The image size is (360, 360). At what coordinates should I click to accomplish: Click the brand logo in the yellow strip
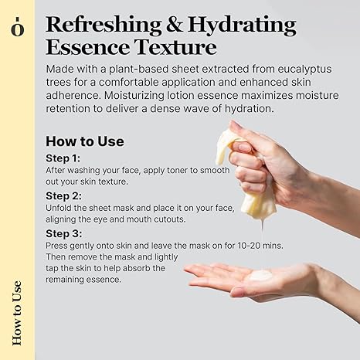click(x=18, y=26)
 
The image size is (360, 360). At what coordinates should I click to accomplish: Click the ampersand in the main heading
click(x=175, y=25)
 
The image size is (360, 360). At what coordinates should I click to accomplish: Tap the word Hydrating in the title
click(x=242, y=25)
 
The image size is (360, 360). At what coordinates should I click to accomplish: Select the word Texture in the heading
click(x=175, y=47)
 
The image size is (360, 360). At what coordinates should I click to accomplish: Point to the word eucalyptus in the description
click(x=304, y=70)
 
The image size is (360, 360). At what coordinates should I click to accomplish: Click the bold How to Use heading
click(x=85, y=141)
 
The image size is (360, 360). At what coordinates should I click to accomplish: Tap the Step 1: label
click(x=63, y=158)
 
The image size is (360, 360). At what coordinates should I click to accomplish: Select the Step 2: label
click(x=63, y=196)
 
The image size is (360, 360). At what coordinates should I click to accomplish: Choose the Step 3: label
click(x=64, y=234)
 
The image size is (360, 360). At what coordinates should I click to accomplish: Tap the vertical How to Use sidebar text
click(x=17, y=313)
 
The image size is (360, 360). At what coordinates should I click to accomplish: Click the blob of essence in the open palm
click(x=261, y=276)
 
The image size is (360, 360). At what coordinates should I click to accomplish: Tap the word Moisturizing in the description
click(x=134, y=96)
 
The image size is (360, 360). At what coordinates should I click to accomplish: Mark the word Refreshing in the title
click(x=104, y=25)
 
